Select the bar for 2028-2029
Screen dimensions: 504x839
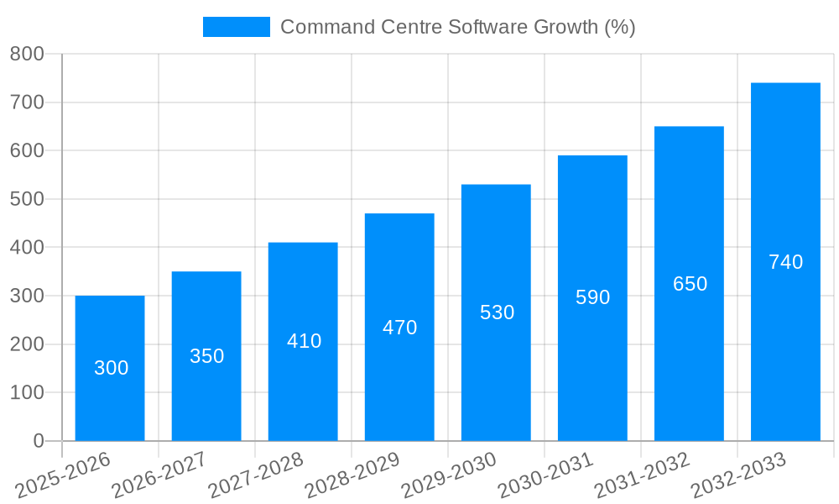click(x=399, y=327)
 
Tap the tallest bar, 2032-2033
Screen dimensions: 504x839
click(x=785, y=261)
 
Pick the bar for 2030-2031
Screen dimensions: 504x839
click(x=592, y=297)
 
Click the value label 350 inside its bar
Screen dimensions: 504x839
click(x=206, y=356)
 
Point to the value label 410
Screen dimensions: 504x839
click(x=304, y=341)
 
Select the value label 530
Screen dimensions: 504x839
click(x=497, y=312)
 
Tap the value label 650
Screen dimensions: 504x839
click(x=690, y=284)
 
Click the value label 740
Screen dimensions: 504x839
click(x=785, y=262)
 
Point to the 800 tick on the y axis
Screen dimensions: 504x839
click(x=27, y=54)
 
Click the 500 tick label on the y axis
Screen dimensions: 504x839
click(x=27, y=199)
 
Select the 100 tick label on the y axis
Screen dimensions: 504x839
click(x=27, y=392)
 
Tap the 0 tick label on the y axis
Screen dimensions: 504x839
click(x=39, y=441)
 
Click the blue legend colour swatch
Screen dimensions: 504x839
click(x=236, y=27)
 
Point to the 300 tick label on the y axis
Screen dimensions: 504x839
click(x=27, y=296)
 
